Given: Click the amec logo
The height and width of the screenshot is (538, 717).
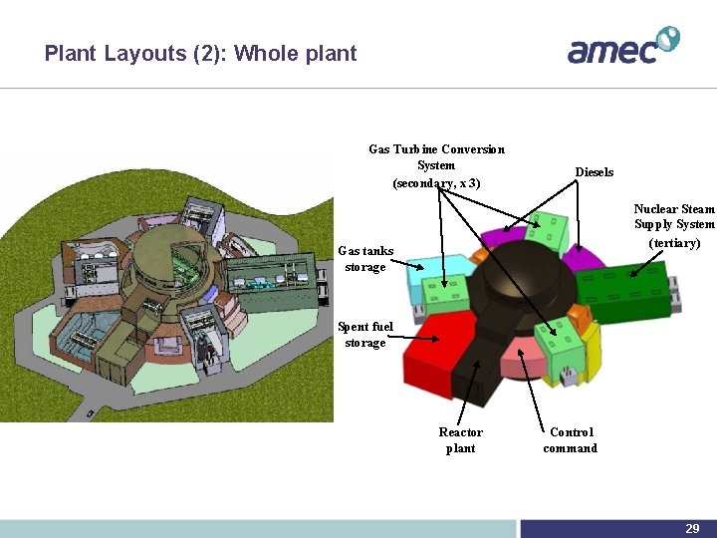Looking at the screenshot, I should pos(622,46).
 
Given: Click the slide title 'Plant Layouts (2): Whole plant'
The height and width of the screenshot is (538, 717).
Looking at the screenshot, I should pos(200,54).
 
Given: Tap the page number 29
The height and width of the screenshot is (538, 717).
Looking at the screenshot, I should pos(691,529).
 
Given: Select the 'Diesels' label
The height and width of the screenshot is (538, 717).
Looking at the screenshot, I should pos(594,172).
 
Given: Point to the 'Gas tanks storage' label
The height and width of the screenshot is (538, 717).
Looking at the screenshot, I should pos(365,259).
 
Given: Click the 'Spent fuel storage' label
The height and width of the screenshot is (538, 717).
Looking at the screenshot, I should pos(365,335).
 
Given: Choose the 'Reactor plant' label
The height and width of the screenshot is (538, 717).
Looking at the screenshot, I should pos(460,440).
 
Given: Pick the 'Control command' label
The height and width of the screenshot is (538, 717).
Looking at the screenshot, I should pos(570,440).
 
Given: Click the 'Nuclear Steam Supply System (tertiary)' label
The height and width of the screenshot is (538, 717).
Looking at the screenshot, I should pos(674,226).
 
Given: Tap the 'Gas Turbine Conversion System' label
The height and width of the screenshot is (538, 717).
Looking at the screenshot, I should pos(436,165).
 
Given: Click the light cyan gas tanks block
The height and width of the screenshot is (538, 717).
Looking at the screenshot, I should pos(438,267).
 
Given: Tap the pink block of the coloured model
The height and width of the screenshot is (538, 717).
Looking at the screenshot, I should pos(523,355).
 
